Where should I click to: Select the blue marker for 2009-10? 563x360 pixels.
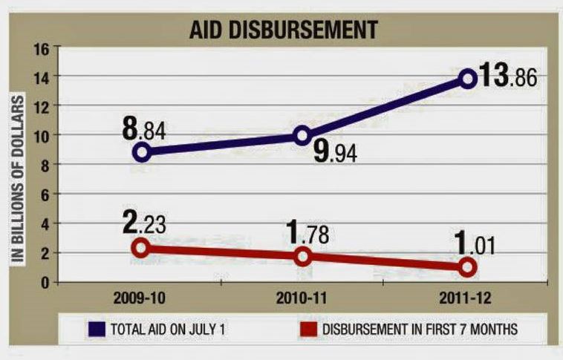[143, 152]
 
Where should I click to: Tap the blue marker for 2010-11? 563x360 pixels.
[302, 135]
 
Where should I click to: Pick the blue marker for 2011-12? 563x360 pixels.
[468, 78]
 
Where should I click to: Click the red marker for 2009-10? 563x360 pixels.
[143, 249]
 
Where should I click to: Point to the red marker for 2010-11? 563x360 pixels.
[302, 256]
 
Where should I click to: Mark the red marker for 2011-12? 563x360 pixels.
[468, 266]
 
